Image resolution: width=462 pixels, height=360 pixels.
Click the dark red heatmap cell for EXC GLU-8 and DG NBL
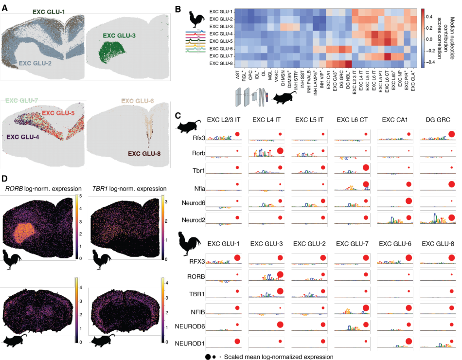coord(348,64)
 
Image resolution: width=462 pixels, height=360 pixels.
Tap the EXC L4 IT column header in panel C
coord(266,120)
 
